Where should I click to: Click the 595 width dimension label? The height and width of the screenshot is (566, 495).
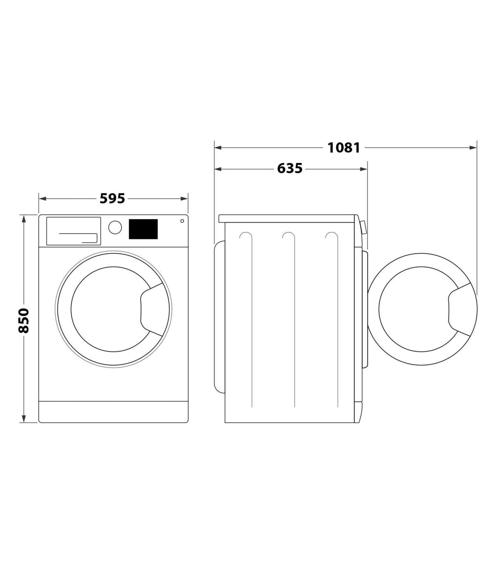click(112, 198)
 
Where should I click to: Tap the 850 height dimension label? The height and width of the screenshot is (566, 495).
click(24, 321)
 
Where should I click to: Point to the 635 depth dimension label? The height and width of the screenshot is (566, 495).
click(290, 168)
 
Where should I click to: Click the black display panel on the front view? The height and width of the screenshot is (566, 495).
click(143, 229)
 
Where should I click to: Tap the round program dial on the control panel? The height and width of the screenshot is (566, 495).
click(115, 227)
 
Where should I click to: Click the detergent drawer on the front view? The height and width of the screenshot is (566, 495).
click(73, 231)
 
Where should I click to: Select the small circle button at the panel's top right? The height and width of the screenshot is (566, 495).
click(182, 221)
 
